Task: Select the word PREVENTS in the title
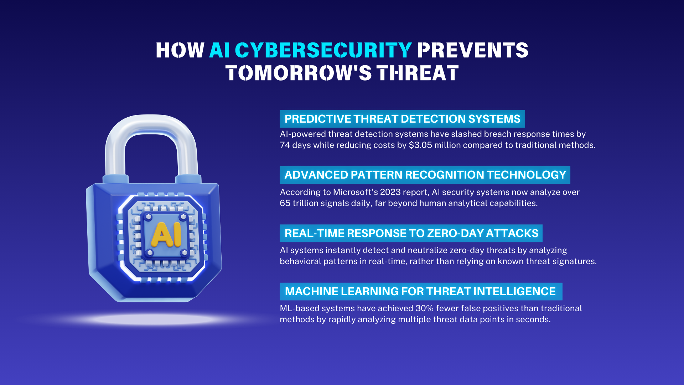(473, 50)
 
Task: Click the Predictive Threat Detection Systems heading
(402, 119)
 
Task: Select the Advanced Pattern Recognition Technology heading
(425, 175)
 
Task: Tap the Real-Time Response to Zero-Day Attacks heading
(411, 233)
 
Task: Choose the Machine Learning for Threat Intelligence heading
(420, 292)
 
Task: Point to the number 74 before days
(285, 145)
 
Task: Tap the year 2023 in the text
(390, 192)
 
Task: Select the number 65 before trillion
(285, 204)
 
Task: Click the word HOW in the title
(180, 50)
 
